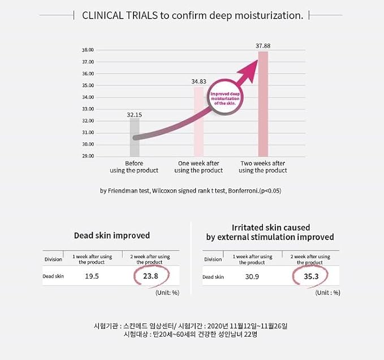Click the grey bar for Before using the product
click(134, 137)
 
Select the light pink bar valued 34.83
click(199, 122)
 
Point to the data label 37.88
click(262, 45)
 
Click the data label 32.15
click(134, 114)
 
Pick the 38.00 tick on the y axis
click(88, 50)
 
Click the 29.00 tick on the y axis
click(88, 156)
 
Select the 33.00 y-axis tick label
click(88, 109)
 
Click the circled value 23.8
click(151, 276)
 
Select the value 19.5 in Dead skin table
click(92, 276)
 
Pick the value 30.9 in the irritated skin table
click(252, 276)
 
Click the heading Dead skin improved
click(112, 235)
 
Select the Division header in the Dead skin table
click(53, 259)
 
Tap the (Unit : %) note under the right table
click(327, 292)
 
